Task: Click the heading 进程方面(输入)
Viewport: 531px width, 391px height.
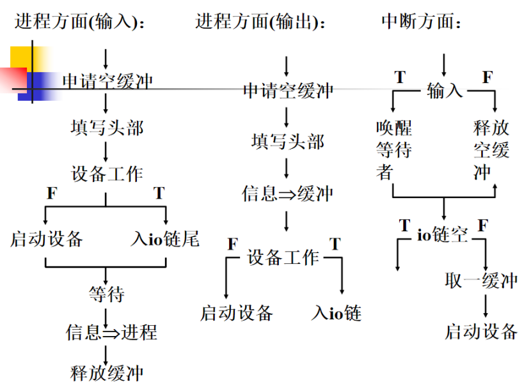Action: [80, 22]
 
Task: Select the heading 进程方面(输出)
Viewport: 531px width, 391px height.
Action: [261, 22]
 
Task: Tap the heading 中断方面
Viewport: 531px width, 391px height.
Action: [422, 22]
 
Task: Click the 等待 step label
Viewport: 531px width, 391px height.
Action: [106, 295]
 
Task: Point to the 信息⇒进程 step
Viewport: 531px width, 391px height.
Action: [111, 332]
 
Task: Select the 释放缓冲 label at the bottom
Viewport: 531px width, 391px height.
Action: [107, 372]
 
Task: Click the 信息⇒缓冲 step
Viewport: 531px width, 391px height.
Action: [288, 193]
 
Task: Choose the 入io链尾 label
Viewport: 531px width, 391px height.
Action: [165, 239]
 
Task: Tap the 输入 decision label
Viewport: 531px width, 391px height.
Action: [445, 91]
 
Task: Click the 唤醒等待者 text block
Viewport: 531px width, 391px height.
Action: [393, 149]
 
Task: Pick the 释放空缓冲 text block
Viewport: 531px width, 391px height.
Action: [491, 149]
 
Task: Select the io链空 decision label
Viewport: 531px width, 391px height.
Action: [443, 234]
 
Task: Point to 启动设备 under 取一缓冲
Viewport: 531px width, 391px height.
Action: [481, 331]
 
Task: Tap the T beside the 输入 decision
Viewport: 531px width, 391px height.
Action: [400, 78]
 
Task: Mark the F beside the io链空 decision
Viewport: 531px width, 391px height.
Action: [483, 226]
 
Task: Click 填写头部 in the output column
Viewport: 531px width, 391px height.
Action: [288, 141]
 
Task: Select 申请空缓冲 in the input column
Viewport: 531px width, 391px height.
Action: [107, 81]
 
